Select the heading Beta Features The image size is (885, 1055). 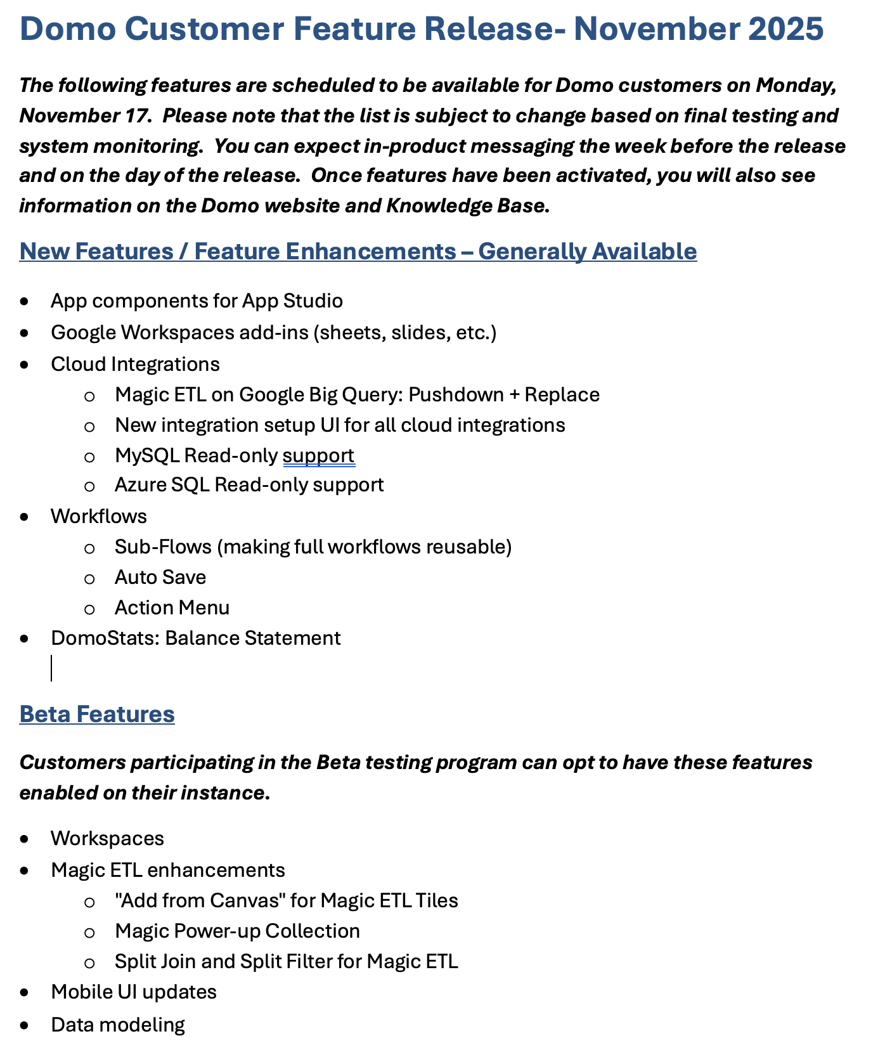[97, 714]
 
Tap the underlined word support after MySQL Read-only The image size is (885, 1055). [318, 455]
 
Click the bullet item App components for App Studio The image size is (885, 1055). [197, 301]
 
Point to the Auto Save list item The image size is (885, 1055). [160, 577]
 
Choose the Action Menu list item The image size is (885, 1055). [172, 607]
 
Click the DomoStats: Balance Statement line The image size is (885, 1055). [195, 638]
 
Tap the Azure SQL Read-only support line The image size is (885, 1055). [249, 485]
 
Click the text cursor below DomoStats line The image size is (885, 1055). [51, 668]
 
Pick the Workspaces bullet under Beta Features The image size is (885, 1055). [107, 838]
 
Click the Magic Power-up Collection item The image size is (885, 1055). [237, 931]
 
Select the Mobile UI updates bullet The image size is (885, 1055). [134, 992]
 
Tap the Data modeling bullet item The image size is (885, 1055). [118, 1025]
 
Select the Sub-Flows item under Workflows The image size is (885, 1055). [313, 547]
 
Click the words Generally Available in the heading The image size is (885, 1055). [587, 251]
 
